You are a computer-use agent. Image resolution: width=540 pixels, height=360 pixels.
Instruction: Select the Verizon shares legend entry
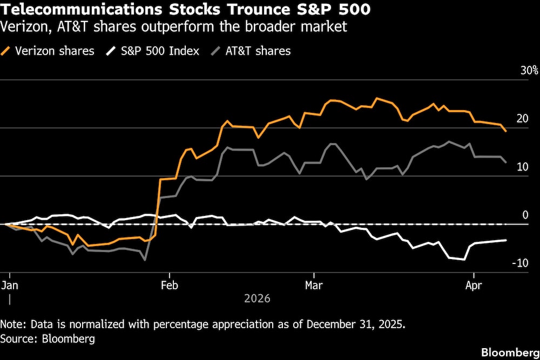point(49,51)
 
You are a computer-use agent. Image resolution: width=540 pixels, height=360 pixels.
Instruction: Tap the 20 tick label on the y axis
point(522,119)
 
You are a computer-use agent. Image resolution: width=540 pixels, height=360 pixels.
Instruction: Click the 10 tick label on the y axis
point(522,167)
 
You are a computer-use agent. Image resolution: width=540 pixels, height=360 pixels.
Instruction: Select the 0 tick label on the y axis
point(525,215)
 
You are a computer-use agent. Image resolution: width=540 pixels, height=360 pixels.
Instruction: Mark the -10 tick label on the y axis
point(519,263)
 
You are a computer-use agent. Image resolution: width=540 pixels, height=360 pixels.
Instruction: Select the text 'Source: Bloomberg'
point(48,338)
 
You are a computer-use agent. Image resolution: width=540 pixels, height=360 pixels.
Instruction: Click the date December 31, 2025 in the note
point(354,324)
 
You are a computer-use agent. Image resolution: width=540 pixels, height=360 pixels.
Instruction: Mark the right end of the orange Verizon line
point(505,131)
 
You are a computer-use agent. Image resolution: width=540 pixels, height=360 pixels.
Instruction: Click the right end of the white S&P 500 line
point(505,240)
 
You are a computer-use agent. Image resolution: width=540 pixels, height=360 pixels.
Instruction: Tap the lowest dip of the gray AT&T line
point(145,260)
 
